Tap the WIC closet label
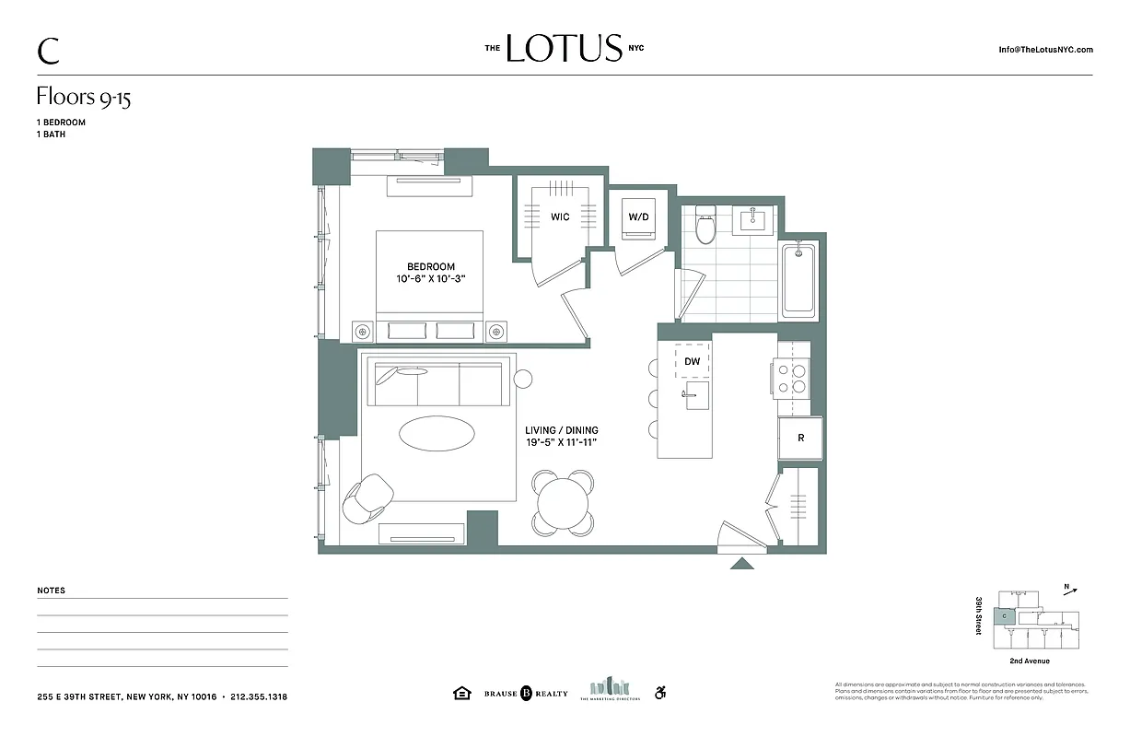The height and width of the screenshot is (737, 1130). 560,217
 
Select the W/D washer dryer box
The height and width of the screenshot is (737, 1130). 639,217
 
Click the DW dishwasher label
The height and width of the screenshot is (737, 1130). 693,363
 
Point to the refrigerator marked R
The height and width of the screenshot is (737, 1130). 800,439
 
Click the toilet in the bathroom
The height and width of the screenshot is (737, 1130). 705,225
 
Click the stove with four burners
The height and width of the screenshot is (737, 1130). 792,378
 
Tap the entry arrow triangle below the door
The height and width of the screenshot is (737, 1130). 742,563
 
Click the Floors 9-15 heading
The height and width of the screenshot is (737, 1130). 84,98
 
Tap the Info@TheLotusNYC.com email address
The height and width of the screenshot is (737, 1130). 1045,50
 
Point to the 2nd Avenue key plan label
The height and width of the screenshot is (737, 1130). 1030,661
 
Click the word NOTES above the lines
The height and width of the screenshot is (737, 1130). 52,591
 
